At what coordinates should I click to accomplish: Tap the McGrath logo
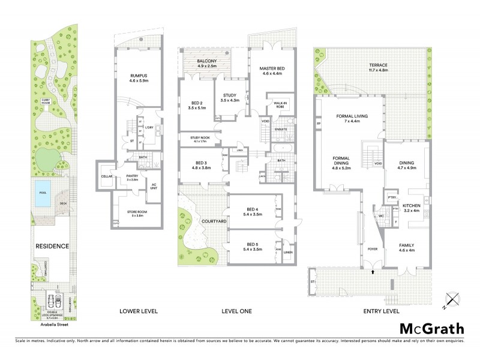point(433,328)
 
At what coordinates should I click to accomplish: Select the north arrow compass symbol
point(451,299)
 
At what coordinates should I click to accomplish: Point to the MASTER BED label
point(272,69)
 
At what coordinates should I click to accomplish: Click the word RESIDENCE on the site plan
point(52,246)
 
